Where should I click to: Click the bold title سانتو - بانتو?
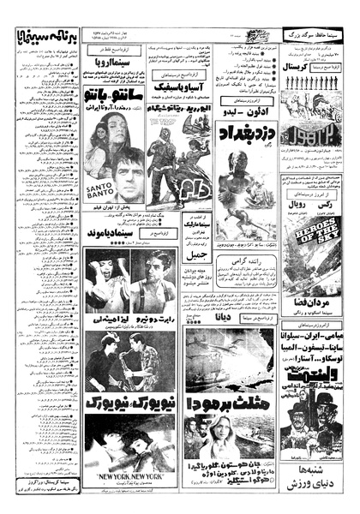point(119,88)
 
